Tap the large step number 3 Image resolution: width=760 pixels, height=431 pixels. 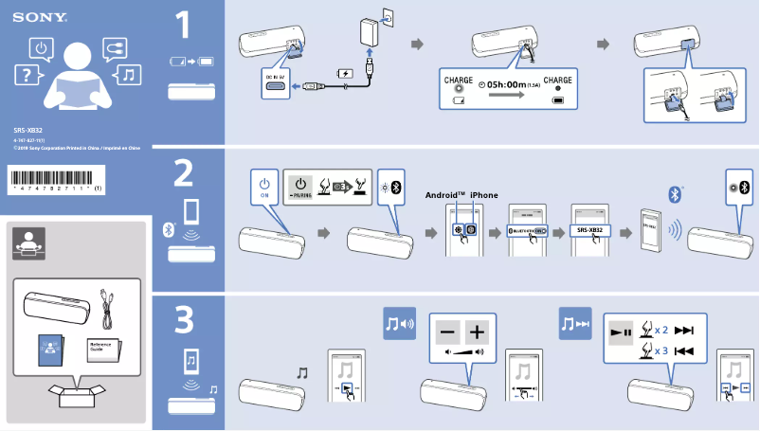pyautogui.click(x=186, y=322)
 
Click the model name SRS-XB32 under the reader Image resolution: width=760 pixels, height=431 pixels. pyautogui.click(x=27, y=130)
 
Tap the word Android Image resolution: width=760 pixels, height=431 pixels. pyautogui.click(x=445, y=194)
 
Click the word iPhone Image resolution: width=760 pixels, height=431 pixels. pyautogui.click(x=483, y=194)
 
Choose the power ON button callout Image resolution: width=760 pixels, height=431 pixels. pyautogui.click(x=264, y=185)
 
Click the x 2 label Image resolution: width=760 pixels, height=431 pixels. pyautogui.click(x=660, y=331)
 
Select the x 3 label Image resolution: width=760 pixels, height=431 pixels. pyautogui.click(x=660, y=350)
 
